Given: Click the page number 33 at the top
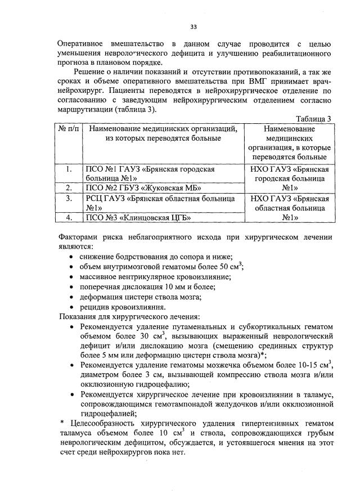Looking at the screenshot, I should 193,26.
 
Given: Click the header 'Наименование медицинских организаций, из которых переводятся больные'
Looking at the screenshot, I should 164,133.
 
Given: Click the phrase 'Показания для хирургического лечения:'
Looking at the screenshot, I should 130,317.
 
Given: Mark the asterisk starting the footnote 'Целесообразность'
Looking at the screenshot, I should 62,424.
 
